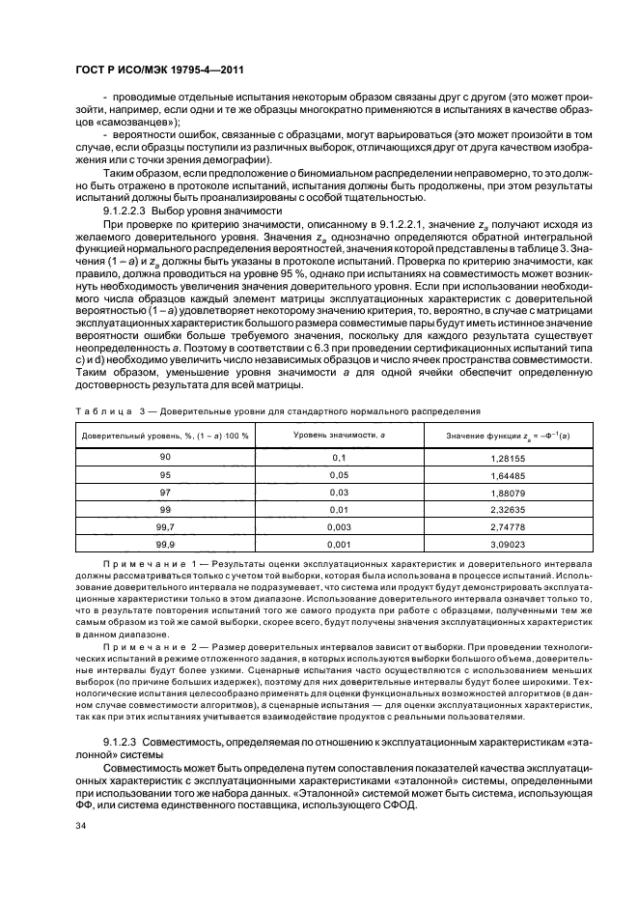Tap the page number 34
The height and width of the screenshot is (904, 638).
81,825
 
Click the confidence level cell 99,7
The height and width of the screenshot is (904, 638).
165,527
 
